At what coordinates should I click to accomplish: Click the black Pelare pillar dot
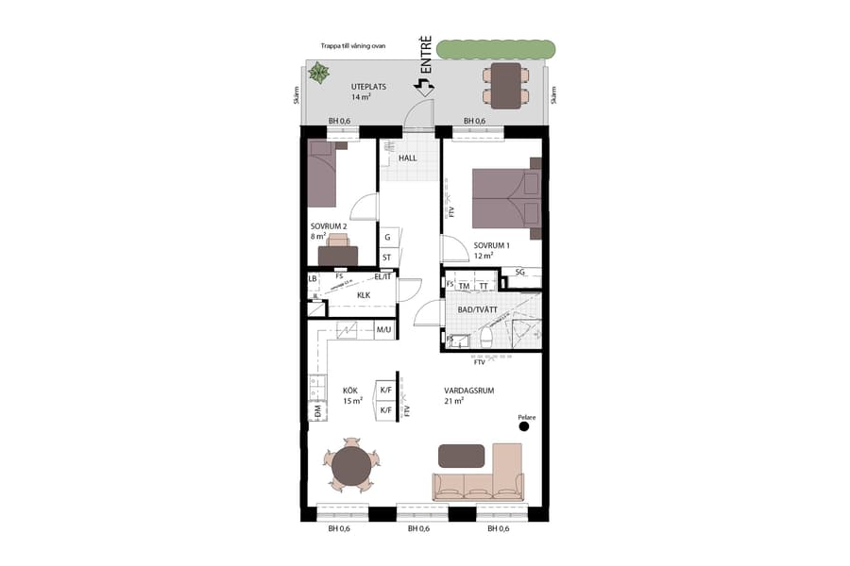coord(524,426)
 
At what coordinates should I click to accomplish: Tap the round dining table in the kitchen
coord(351,465)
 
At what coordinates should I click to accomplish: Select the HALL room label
coord(408,158)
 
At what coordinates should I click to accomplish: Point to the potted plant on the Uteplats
coord(320,73)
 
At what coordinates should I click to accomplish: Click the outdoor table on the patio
coord(506,84)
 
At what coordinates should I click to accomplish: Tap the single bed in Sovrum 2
coord(322,174)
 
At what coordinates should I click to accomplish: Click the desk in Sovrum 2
coord(338,255)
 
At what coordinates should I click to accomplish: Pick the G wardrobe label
coord(387,238)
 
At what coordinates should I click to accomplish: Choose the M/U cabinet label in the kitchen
coord(384,330)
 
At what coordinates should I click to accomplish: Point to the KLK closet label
coord(364,295)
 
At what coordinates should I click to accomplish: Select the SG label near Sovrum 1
coord(520,272)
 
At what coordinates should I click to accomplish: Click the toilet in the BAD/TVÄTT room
coord(485,337)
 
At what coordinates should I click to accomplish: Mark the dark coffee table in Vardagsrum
coord(461,456)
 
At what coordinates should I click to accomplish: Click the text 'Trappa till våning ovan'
coord(353,44)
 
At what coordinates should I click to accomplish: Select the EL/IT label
coord(382,276)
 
